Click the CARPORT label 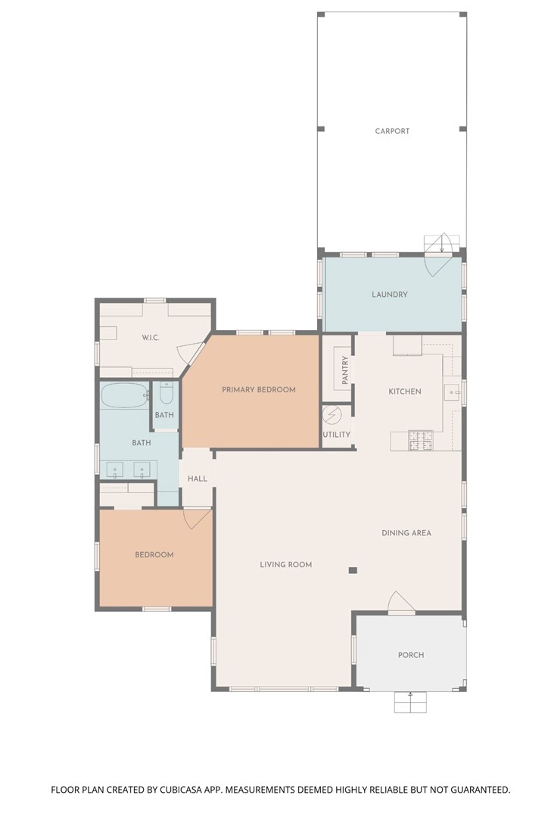[392, 131]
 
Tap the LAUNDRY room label [390, 295]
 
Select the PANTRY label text [345, 370]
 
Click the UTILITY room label [336, 435]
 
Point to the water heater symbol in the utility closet [332, 415]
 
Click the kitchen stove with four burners [421, 439]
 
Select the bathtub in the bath [126, 395]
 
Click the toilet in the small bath [167, 393]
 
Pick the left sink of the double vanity [115, 470]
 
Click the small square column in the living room [353, 569]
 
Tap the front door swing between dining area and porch [400, 603]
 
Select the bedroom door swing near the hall [196, 519]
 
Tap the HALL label [198, 479]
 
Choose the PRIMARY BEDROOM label [258, 390]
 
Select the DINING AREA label [406, 533]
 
